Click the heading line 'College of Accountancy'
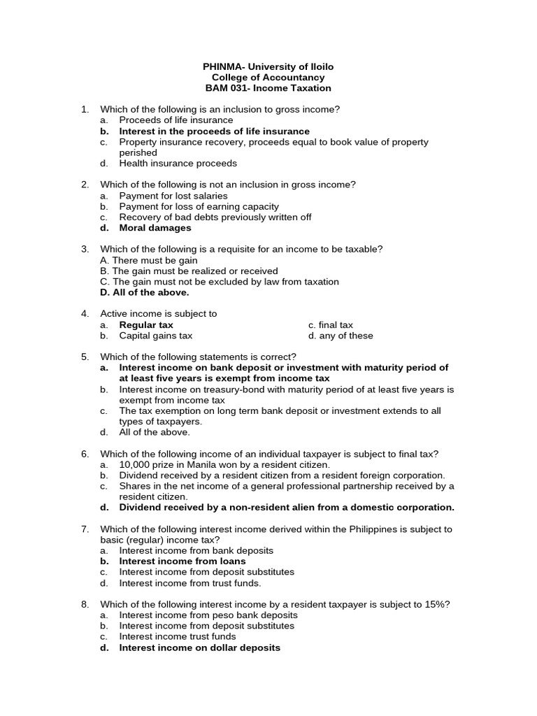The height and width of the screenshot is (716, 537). click(268, 78)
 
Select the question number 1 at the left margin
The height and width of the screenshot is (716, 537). click(85, 110)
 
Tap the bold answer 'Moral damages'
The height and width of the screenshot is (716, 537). click(155, 228)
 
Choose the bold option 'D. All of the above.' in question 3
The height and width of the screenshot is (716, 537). click(145, 292)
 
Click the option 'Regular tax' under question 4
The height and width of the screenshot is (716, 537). click(146, 325)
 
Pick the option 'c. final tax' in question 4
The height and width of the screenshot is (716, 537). click(330, 325)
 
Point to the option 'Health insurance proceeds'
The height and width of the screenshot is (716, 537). click(178, 164)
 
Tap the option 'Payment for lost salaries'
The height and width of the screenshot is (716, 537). click(173, 196)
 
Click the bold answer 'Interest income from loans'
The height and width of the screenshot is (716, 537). click(182, 561)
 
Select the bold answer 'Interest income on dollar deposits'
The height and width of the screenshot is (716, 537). click(199, 647)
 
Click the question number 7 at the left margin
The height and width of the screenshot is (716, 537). click(85, 529)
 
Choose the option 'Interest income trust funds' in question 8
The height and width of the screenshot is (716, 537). click(178, 637)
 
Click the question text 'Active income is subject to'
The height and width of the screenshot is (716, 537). click(159, 314)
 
